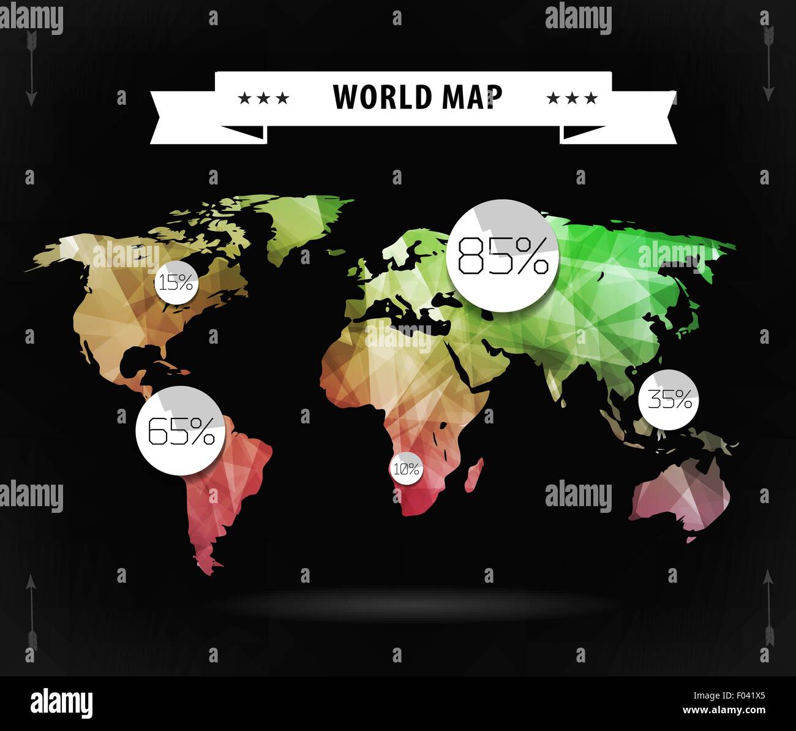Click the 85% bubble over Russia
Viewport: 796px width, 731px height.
tap(503, 256)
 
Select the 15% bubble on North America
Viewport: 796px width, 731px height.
tap(176, 282)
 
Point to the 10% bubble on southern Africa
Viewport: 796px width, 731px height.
tap(406, 469)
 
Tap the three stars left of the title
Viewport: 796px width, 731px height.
tap(263, 98)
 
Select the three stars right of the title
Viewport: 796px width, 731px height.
tap(571, 98)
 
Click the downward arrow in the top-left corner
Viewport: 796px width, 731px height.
tap(31, 67)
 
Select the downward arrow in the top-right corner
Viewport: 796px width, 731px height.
tap(768, 64)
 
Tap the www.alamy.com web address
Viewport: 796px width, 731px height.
tap(724, 711)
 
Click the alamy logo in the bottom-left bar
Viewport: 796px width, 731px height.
tap(61, 703)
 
